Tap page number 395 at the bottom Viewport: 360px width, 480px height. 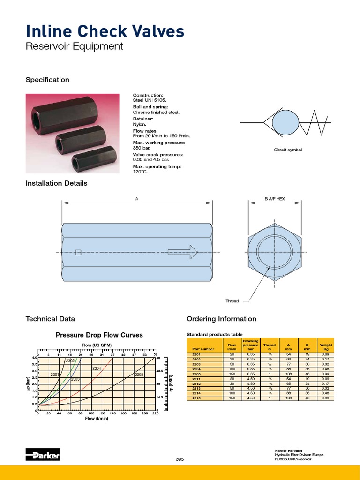pyautogui.click(x=180, y=459)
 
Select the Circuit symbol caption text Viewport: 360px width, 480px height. pyautogui.click(x=288, y=150)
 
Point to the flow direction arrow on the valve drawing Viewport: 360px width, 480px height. pyautogui.click(x=182, y=252)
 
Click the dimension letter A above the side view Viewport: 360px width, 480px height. pyautogui.click(x=137, y=199)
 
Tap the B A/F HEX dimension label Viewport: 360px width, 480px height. pyautogui.click(x=275, y=199)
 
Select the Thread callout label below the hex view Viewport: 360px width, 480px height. pyautogui.click(x=232, y=301)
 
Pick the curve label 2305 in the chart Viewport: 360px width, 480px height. pyautogui.click(x=139, y=375)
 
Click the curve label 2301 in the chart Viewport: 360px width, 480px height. pyautogui.click(x=55, y=375)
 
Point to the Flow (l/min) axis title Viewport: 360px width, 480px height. pyautogui.click(x=97, y=418)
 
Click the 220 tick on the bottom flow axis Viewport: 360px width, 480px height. pyautogui.click(x=155, y=413)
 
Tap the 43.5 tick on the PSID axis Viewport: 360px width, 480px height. pyautogui.click(x=159, y=371)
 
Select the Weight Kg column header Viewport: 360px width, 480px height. pyautogui.click(x=326, y=347)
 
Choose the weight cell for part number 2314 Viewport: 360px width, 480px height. pyautogui.click(x=326, y=393)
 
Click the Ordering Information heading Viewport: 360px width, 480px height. pyautogui.click(x=221, y=319)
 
